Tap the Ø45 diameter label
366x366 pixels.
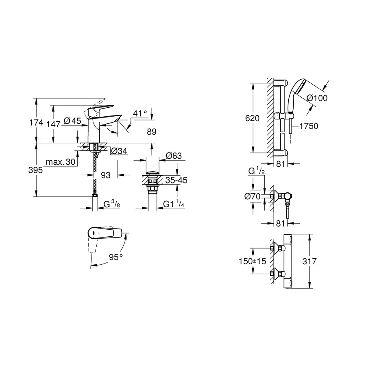72,120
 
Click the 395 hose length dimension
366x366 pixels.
36,170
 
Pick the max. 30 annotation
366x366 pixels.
61,162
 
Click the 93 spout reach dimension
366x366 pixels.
106,175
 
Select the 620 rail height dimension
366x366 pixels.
252,118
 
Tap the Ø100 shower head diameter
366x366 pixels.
317,98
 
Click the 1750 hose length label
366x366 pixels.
309,126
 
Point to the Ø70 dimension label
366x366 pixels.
253,196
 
